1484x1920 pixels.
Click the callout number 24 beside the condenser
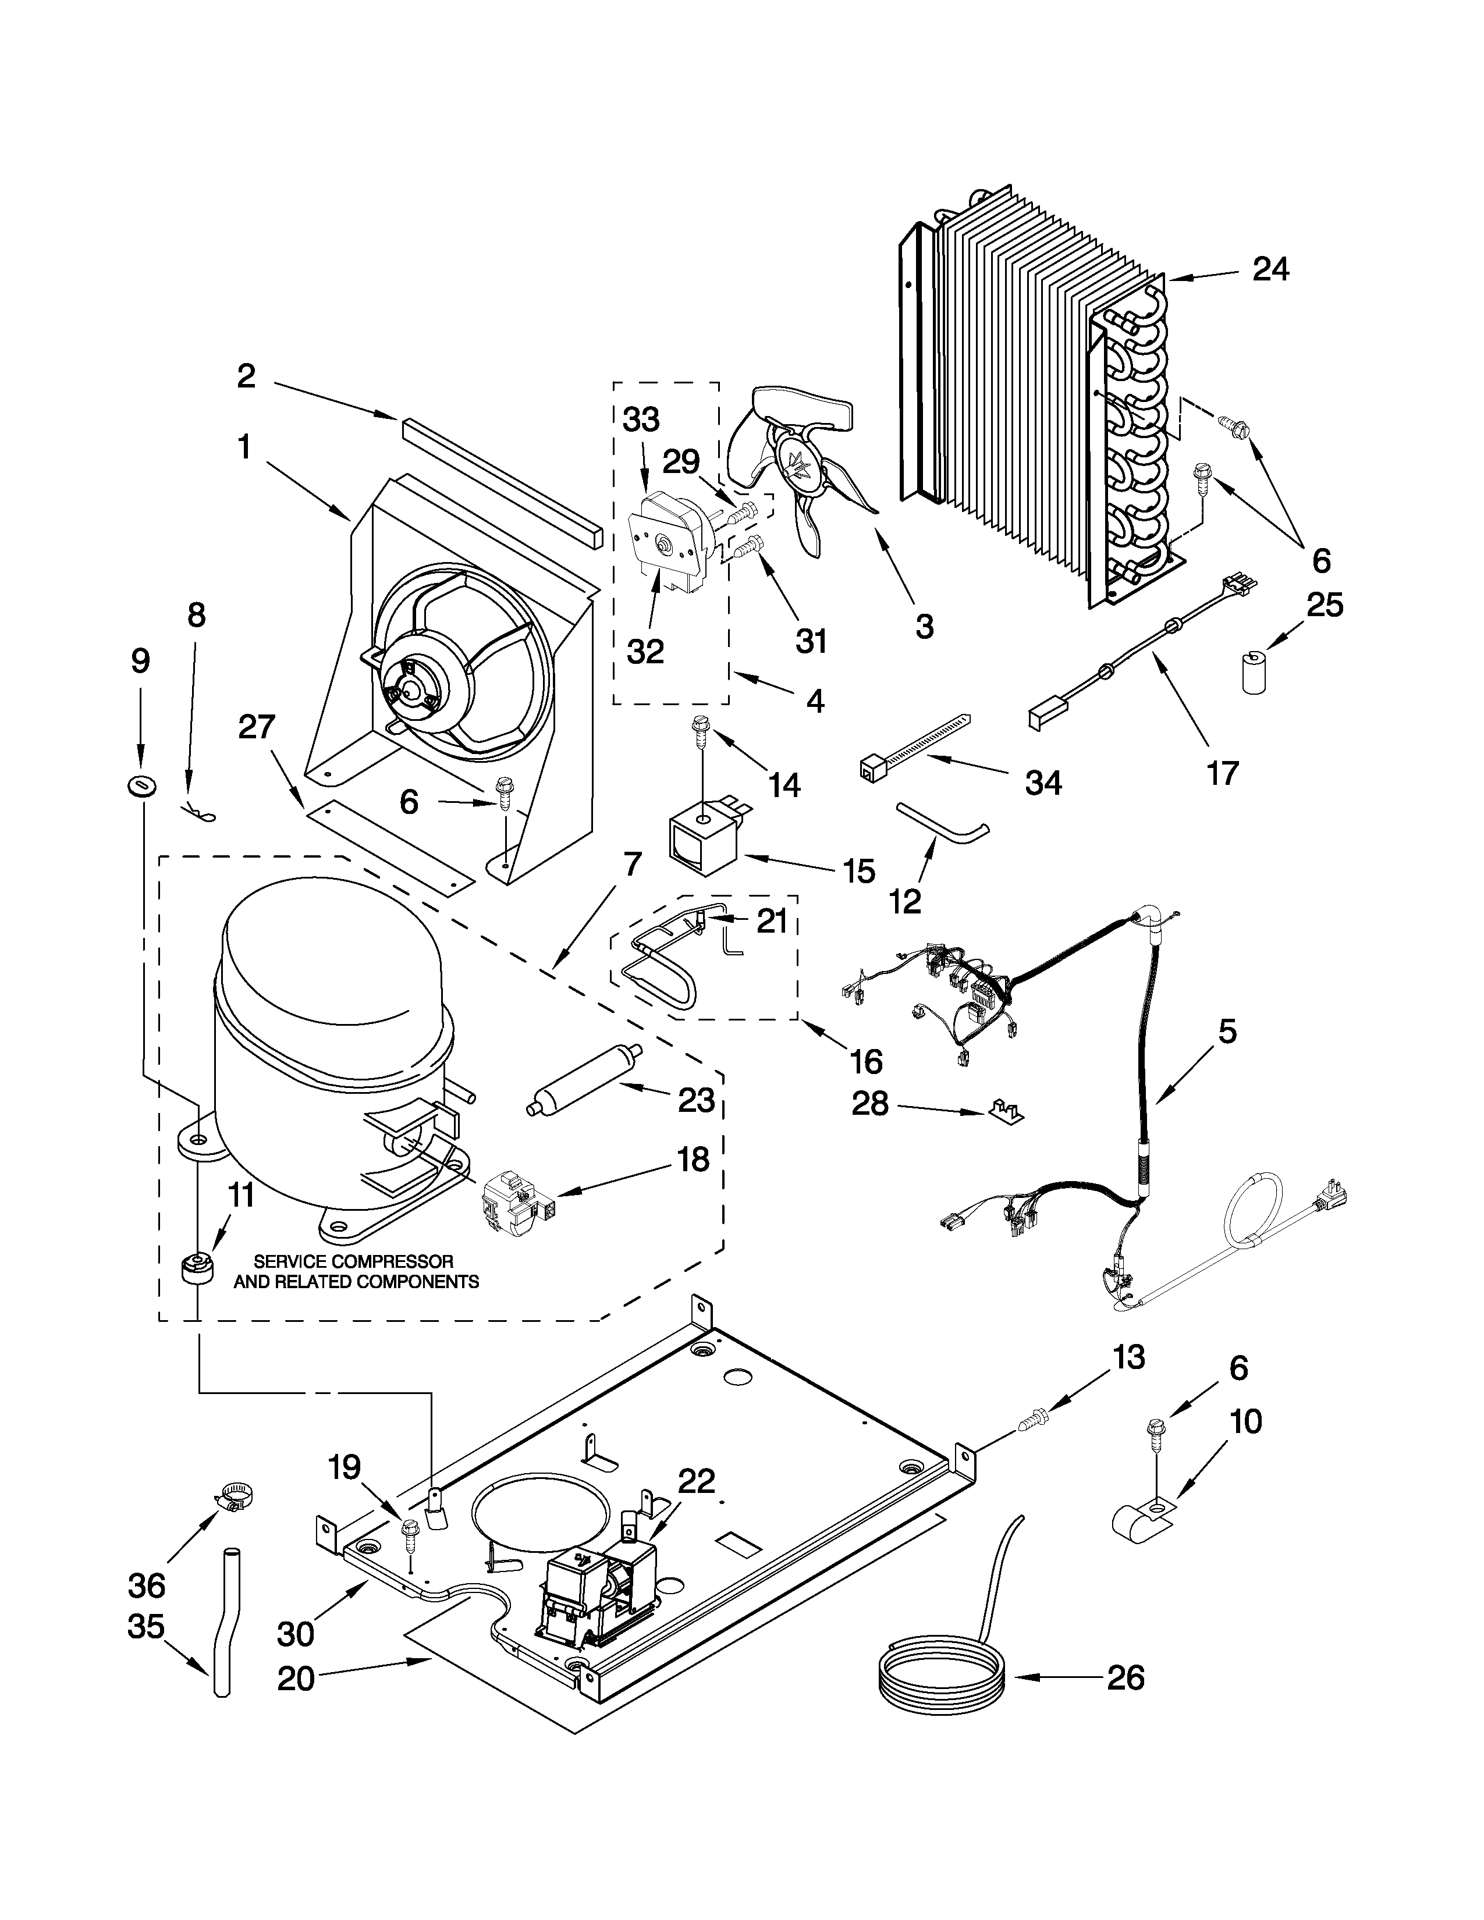1270,269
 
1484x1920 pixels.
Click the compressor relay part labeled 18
509,1200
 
